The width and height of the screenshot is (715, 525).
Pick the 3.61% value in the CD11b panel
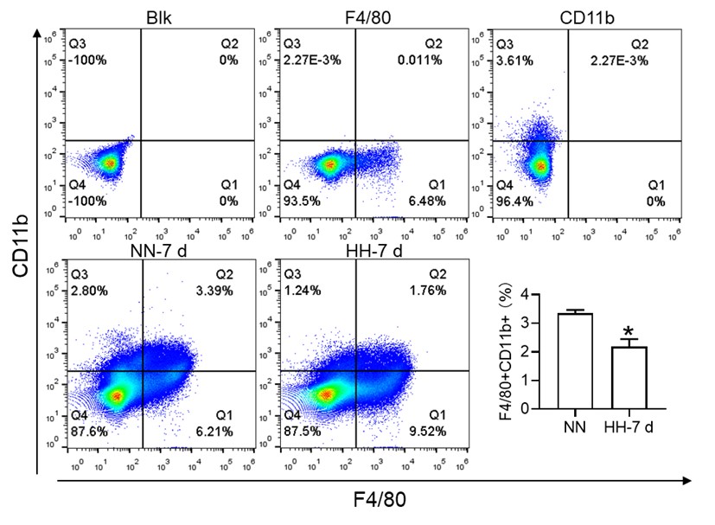513,61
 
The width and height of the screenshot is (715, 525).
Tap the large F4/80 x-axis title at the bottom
377,500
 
